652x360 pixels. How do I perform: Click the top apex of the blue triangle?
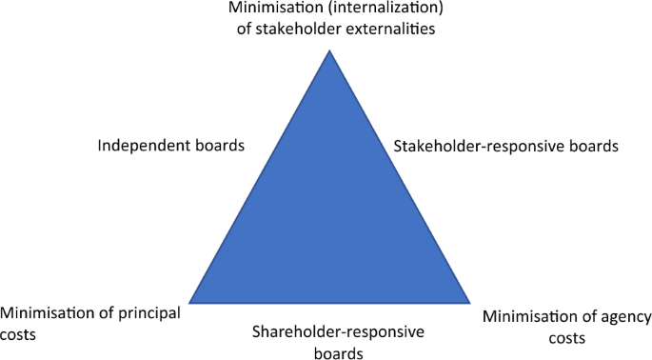point(329,50)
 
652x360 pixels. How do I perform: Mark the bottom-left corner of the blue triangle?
point(189,303)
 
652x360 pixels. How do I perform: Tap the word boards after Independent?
point(222,147)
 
